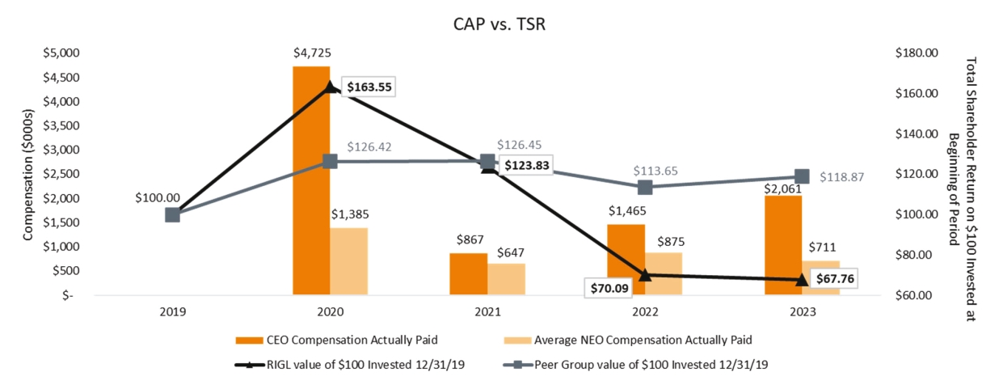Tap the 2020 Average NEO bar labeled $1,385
point(348,261)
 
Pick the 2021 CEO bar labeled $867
point(469,274)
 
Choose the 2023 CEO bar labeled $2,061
point(783,245)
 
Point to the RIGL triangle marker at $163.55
point(330,87)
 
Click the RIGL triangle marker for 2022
point(645,275)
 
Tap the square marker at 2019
point(172,214)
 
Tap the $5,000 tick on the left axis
point(61,53)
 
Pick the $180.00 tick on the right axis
point(916,53)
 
